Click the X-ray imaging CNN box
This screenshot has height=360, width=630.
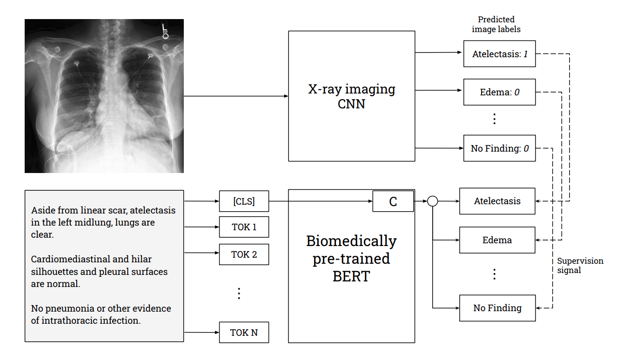coord(351,96)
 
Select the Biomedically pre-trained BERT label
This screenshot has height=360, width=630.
coord(351,258)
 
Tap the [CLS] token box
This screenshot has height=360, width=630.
coord(244,201)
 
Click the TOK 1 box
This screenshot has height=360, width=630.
coord(244,227)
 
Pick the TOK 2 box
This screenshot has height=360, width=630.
coord(244,254)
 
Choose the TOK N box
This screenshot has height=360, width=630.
coord(244,333)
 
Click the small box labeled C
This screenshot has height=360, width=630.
coord(393,201)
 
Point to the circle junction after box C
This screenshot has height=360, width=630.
coord(433,201)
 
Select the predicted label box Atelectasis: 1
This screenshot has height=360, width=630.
coord(499,54)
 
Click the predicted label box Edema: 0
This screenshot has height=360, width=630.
coord(499,92)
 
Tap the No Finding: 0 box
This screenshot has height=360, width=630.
coord(499,148)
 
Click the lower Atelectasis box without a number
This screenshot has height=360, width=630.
coord(497,201)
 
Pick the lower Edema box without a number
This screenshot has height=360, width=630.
coord(497,240)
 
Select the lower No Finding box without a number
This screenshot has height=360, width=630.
coord(497,308)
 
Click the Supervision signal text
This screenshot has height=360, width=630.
coord(580,265)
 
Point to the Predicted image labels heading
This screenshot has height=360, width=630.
coord(496,24)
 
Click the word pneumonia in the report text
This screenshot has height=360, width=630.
coord(67,308)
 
